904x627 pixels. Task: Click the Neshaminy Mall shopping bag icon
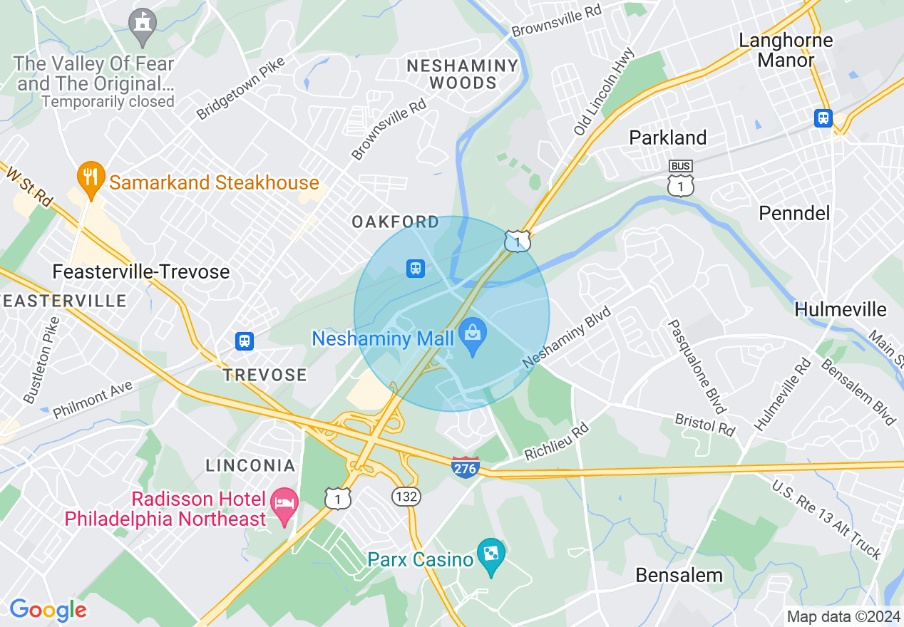pos(472,332)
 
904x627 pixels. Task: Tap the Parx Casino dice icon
pos(491,554)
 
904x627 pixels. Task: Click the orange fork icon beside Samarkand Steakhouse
pos(90,177)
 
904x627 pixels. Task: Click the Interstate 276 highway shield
pos(464,467)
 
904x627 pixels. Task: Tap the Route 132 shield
pos(406,496)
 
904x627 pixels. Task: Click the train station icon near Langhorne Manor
pos(823,118)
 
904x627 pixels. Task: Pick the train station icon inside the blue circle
pos(415,269)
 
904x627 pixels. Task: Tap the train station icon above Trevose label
pos(245,341)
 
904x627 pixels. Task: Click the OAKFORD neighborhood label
pos(396,222)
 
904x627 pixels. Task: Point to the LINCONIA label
pos(250,465)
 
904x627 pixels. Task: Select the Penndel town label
pos(794,213)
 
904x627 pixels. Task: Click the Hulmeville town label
pos(840,309)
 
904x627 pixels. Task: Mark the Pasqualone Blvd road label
pos(697,366)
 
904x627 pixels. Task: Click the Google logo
pos(48,610)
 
